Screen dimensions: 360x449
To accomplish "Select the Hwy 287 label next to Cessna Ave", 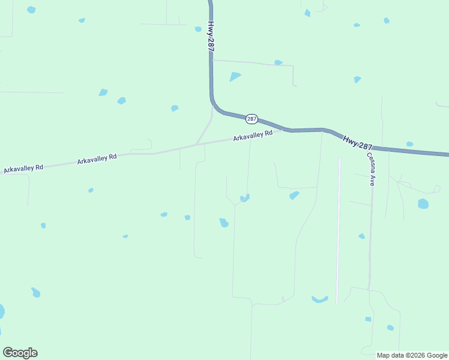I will [x=358, y=143].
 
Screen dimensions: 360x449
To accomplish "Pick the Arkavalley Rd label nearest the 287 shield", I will [x=253, y=136].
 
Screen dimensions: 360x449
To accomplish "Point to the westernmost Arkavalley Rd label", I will [x=23, y=169].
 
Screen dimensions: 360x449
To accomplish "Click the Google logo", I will [x=20, y=353].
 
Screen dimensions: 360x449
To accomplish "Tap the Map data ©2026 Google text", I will [x=412, y=355].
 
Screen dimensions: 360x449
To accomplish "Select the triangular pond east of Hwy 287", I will [x=235, y=76].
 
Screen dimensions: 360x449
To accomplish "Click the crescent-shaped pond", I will [x=320, y=299].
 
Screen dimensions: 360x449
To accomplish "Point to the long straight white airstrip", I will [x=339, y=231].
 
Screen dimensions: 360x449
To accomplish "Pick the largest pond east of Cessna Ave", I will [x=423, y=204].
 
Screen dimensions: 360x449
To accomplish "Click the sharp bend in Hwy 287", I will [x=214, y=103].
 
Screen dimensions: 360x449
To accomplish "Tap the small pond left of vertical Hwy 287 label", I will [x=198, y=29].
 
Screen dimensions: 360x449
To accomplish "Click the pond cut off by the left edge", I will [x=1, y=311].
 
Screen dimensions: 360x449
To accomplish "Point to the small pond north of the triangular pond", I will [x=278, y=62].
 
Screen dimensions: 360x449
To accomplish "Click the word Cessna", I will [x=371, y=162].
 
